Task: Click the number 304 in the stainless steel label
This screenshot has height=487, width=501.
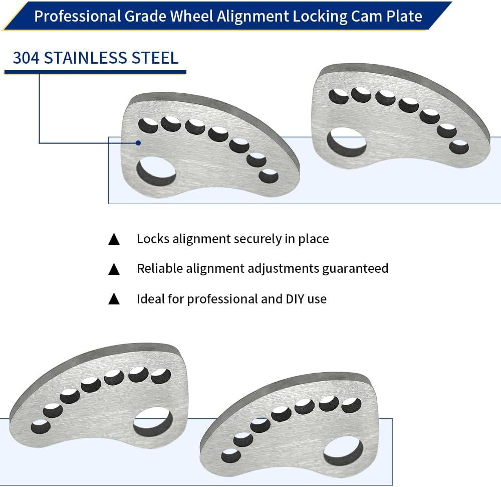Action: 26,58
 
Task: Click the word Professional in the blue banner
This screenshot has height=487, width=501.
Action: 77,17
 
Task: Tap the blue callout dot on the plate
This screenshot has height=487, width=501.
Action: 138,143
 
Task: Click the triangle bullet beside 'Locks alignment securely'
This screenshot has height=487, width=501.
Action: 114,239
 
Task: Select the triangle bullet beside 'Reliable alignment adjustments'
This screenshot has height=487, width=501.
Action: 114,269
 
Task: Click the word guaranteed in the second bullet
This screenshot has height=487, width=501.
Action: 355,269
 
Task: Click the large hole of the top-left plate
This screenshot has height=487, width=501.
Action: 156,172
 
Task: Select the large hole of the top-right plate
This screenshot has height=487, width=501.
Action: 346,141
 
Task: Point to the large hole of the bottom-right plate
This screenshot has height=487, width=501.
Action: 344,451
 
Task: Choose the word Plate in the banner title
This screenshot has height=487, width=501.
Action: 404,16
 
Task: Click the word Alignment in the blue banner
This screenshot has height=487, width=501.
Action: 253,17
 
